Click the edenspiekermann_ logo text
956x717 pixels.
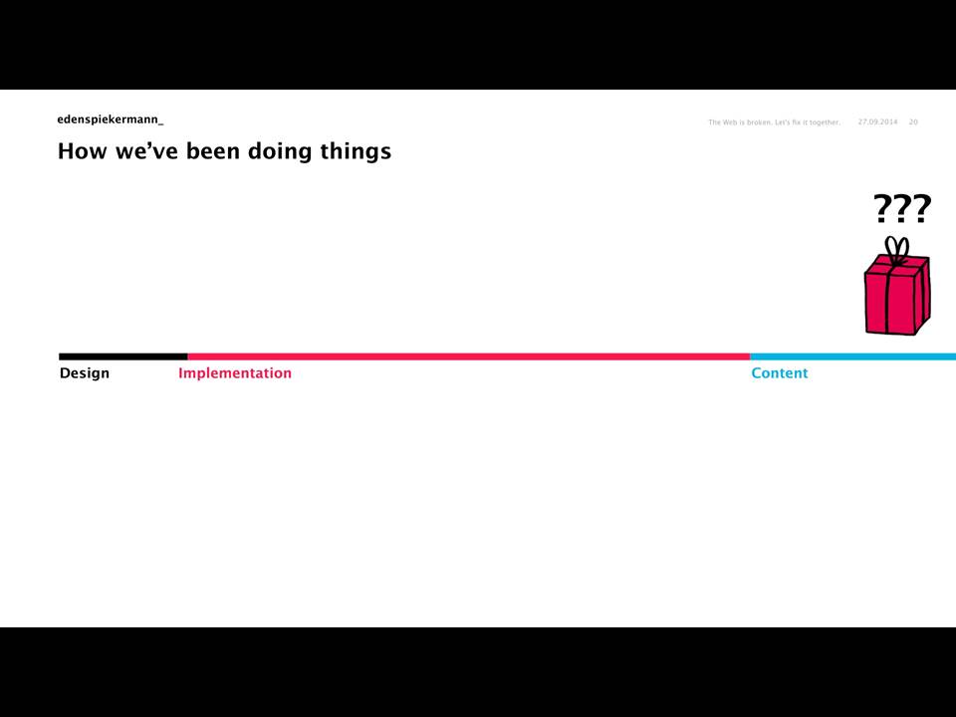coord(111,119)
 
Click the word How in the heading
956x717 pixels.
coord(83,151)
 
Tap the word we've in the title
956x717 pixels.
coord(146,151)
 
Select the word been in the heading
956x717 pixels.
coord(213,151)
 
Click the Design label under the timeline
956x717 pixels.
coord(84,373)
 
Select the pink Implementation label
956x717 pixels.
coord(235,373)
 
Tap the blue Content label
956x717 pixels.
coord(779,373)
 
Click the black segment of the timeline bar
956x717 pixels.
coord(123,357)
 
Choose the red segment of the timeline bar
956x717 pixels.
coord(469,357)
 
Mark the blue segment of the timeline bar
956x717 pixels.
coord(853,357)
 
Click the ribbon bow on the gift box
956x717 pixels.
coord(897,250)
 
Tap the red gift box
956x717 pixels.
coord(897,295)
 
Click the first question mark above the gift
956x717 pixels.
coord(883,208)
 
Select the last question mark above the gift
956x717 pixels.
coord(922,208)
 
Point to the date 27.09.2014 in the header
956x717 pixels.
coord(877,121)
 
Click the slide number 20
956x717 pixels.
coord(913,121)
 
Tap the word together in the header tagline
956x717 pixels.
coord(825,122)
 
